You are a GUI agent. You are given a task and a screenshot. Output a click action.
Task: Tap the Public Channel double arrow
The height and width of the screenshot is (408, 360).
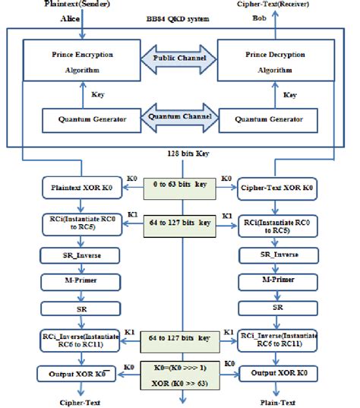pos(179,58)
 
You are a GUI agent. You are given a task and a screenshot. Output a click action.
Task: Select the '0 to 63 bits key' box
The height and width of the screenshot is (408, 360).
pos(180,185)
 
